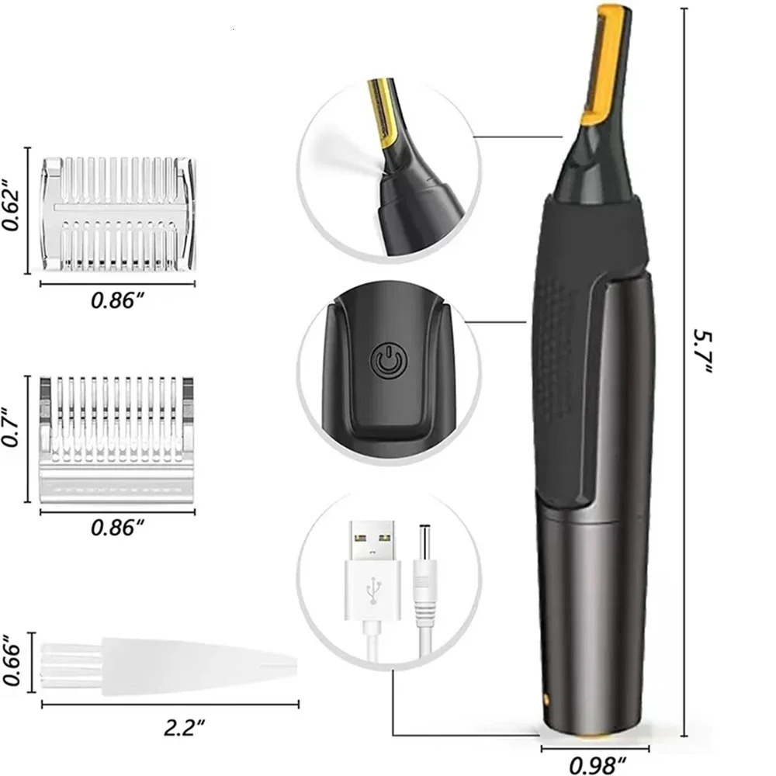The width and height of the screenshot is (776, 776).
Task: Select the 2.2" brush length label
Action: [x=185, y=727]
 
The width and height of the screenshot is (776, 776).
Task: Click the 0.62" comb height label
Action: [x=12, y=210]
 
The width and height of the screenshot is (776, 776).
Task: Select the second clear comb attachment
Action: [x=116, y=438]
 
